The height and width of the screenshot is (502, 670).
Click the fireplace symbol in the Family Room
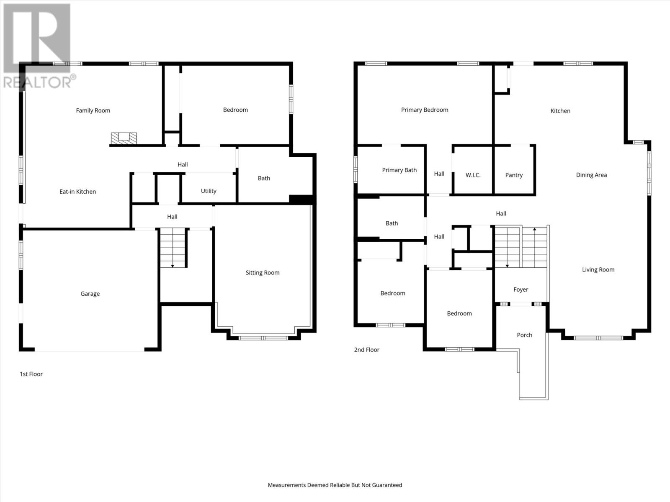pos(124,138)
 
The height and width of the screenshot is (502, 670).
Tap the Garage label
pos(90,294)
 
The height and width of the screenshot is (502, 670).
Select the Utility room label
pos(209,191)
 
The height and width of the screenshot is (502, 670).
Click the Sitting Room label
pos(263,273)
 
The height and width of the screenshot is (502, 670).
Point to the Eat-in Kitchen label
pos(77,192)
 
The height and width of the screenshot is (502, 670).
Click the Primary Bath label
pos(399,170)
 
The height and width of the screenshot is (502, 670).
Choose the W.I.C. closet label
pos(473,175)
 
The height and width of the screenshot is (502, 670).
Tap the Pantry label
pos(514,175)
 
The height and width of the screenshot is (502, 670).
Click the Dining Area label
pos(591,175)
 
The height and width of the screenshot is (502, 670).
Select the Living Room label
pos(598,270)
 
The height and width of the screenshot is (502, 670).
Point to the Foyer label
pos(521,289)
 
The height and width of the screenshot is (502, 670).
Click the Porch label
pos(524,335)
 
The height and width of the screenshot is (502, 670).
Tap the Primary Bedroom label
pos(425,110)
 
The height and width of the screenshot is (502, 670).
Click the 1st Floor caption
pos(31,374)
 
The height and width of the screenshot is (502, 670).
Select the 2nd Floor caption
pos(366,350)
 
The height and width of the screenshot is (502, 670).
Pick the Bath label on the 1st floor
pos(264,178)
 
